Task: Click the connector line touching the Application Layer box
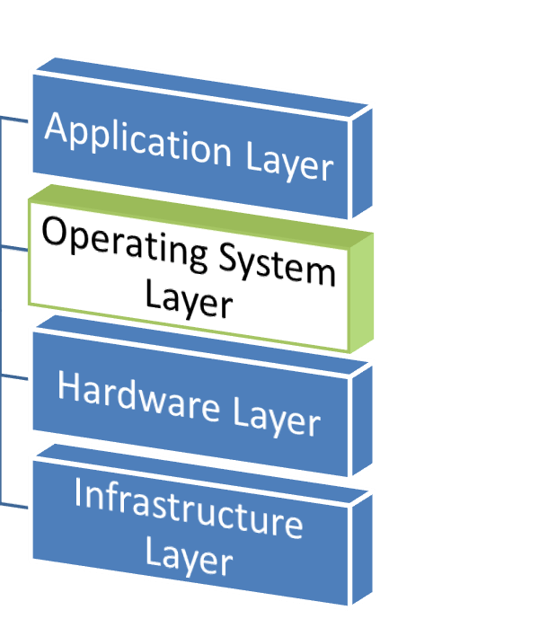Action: point(14,118)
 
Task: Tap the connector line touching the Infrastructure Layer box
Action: point(14,502)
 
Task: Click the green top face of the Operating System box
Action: point(198,211)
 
